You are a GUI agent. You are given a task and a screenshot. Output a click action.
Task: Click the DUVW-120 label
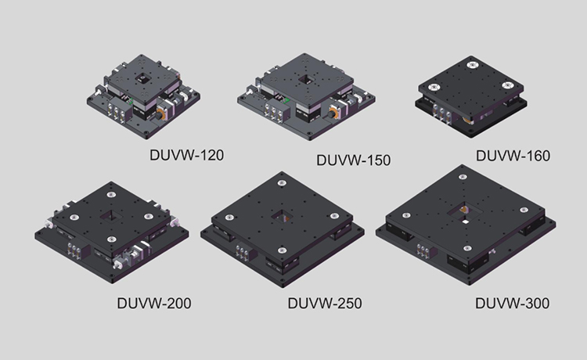pos(186,155)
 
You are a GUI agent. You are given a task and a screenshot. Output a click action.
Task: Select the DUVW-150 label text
pos(354,160)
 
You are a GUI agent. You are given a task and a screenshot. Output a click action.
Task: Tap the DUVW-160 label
pos(513,156)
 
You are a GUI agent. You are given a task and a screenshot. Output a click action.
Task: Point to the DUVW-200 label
pos(154,303)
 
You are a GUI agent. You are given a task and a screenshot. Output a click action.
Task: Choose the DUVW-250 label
pos(325,303)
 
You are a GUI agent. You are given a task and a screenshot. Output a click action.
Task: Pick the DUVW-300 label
pos(512,303)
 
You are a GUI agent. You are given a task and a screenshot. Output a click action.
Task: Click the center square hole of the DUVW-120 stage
pos(142,78)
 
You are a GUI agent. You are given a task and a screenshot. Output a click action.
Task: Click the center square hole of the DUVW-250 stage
pos(282,217)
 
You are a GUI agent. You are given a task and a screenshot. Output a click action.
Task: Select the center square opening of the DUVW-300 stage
pos(464,212)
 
